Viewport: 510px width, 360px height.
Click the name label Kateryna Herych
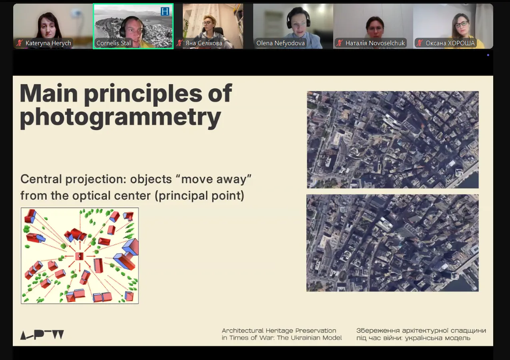pos(48,43)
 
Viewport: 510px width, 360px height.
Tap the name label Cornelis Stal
pos(113,43)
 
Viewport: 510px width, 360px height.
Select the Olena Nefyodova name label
pos(280,43)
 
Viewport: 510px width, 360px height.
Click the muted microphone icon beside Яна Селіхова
pos(180,43)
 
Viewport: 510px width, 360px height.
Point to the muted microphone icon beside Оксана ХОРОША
pos(420,43)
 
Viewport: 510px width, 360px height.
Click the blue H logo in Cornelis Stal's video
pos(165,11)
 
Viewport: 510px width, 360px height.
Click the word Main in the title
pos(49,93)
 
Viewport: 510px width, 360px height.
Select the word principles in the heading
pos(143,94)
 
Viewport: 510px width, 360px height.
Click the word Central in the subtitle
pos(41,179)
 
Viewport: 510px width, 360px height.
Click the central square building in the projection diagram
pos(79,256)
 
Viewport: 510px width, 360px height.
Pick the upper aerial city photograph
pos(393,140)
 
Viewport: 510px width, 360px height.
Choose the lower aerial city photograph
pos(392,243)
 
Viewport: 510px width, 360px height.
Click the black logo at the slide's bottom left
pos(42,334)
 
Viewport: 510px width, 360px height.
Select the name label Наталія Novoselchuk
pos(375,43)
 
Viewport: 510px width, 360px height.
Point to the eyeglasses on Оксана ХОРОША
pos(462,24)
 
